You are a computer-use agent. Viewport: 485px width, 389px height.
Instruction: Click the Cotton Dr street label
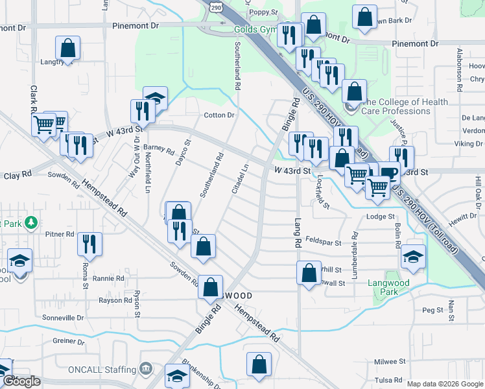coord(219,115)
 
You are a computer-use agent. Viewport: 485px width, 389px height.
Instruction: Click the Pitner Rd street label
coord(60,234)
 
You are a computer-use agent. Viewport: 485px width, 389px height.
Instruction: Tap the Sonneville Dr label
coord(63,318)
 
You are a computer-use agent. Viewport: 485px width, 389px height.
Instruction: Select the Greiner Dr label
coord(69,341)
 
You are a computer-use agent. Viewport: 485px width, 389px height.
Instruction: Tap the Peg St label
coord(432,311)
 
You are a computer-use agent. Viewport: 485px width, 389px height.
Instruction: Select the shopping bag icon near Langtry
coord(67,47)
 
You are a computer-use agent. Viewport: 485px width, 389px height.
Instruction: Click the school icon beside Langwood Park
coord(413,256)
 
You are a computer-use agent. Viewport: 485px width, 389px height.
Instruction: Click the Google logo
coord(21,381)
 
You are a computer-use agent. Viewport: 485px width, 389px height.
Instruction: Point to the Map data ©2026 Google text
coord(444,384)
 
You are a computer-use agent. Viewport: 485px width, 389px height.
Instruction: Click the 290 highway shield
coord(216,6)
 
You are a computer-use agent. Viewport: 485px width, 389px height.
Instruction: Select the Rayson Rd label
coord(111,300)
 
